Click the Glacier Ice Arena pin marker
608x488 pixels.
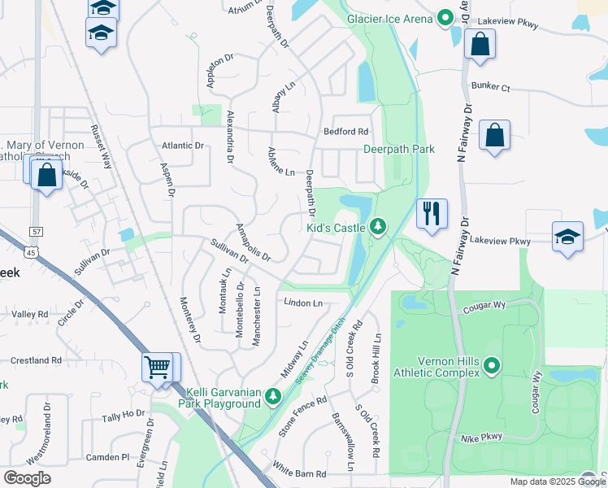pos(445,17)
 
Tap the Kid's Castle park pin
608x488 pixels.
pos(377,228)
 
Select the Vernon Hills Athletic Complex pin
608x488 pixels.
pos(492,367)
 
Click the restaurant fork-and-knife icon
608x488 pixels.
pos(432,214)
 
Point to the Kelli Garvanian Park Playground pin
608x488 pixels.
pos(273,396)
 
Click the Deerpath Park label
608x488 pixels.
pos(398,149)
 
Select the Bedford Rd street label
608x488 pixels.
pos(345,131)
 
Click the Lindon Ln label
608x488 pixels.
pos(303,303)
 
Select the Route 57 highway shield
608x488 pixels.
pos(33,232)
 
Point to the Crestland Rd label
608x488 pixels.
pos(36,359)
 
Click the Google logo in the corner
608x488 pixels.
pos(27,477)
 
